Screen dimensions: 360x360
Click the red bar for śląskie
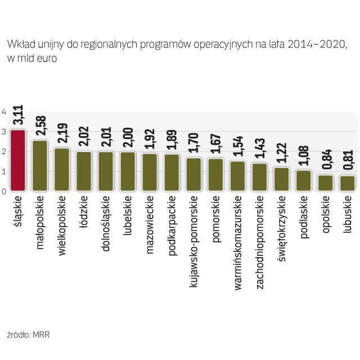[x=18, y=161]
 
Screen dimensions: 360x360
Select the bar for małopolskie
[x=40, y=166]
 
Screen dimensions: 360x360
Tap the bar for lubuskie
[x=347, y=184]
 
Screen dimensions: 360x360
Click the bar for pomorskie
[x=215, y=175]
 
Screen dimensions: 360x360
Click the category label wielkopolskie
[x=62, y=226]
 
